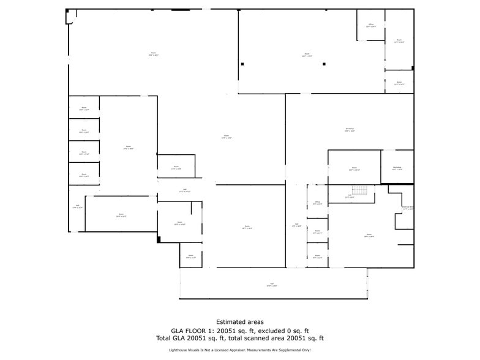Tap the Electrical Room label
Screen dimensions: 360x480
pyautogui.click(x=407, y=208)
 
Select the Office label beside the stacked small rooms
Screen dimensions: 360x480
pyautogui.click(x=318, y=203)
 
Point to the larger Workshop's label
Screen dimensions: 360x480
pyautogui.click(x=350, y=129)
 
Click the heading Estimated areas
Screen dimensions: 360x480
pyautogui.click(x=239, y=321)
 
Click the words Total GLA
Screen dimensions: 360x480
pyautogui.click(x=174, y=338)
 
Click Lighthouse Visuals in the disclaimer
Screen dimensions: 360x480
pyautogui.click(x=185, y=350)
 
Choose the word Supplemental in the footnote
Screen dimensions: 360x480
pyautogui.click(x=290, y=350)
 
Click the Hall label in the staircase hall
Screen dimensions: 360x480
pyautogui.click(x=349, y=197)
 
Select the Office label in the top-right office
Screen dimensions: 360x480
pyautogui.click(x=370, y=26)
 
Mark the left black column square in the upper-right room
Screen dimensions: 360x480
pyautogui.click(x=242, y=64)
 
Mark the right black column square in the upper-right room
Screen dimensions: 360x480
pyautogui.click(x=326, y=64)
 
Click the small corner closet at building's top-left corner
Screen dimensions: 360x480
pyautogui.click(x=70, y=16)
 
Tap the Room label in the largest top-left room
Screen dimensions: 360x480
pyautogui.click(x=153, y=54)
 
